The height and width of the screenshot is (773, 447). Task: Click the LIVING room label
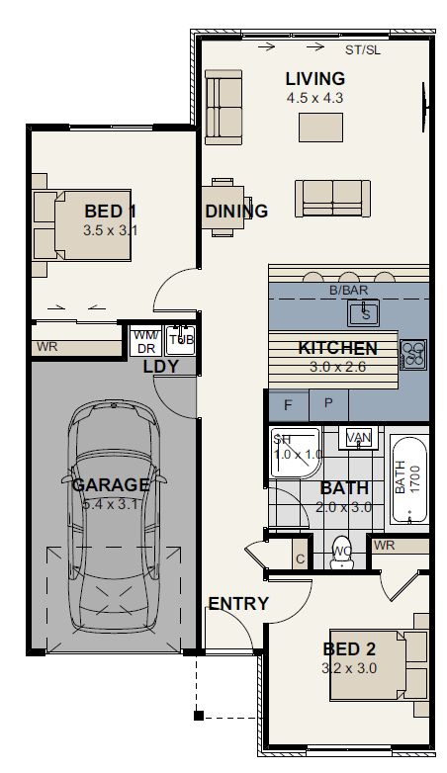coord(314,79)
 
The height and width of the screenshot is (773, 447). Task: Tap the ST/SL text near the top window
coord(362,49)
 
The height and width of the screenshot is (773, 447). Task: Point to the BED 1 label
coord(110,212)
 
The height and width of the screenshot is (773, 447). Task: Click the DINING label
coord(236,212)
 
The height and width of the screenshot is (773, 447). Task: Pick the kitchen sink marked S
coord(365,314)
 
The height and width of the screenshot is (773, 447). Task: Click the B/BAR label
coord(347,291)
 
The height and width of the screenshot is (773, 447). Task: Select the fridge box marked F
coord(289,405)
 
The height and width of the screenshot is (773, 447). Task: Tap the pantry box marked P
coord(328,405)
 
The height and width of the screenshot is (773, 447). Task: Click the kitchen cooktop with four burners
coord(413,351)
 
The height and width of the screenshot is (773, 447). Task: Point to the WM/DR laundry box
coord(145,342)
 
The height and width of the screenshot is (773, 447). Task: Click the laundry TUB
coord(180,341)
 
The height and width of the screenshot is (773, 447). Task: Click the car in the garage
coord(110,514)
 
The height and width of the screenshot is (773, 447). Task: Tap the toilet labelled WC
coord(342,557)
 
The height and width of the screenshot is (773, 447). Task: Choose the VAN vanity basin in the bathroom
coord(358,437)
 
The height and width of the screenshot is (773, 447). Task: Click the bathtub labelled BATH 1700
coord(408,479)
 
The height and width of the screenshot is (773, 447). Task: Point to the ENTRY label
coord(237,604)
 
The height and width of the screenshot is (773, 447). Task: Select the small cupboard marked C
coord(300,558)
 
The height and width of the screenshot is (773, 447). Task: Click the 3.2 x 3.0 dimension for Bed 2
coord(349,667)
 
